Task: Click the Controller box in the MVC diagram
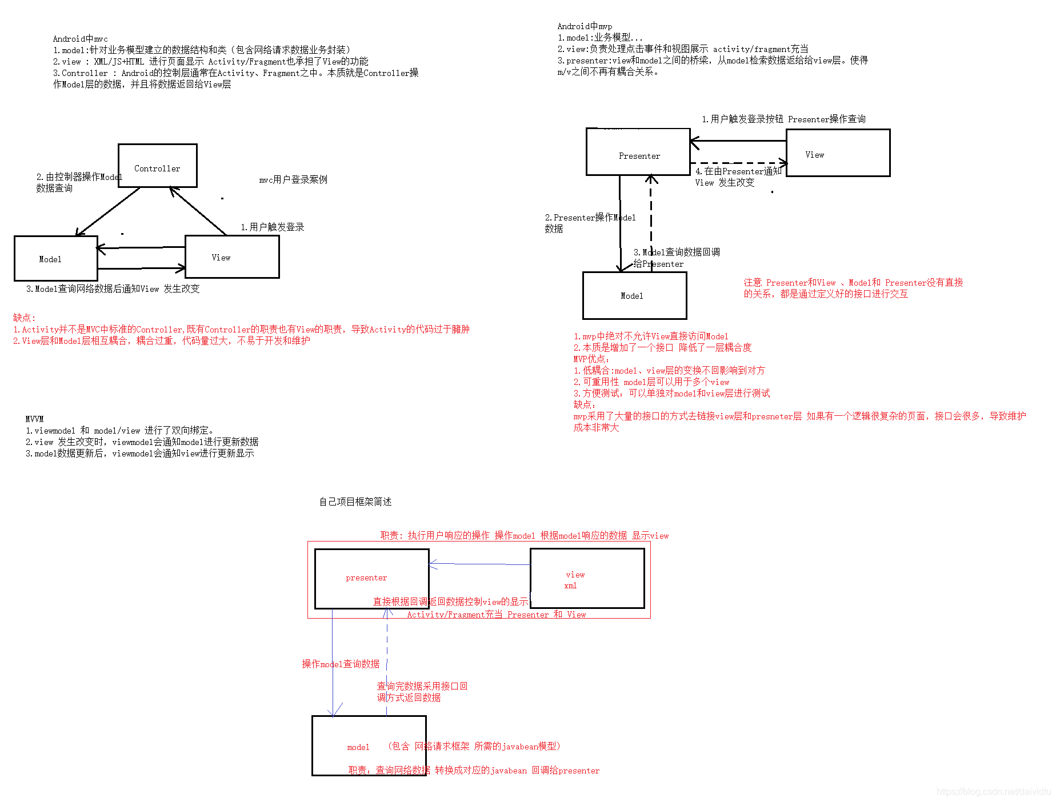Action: tap(157, 166)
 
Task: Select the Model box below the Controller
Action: tap(55, 258)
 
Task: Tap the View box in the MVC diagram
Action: tap(232, 257)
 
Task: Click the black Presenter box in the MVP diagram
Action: tap(638, 152)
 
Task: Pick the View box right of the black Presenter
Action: tap(838, 153)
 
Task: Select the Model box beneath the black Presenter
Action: tap(634, 295)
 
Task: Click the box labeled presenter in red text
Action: tap(371, 578)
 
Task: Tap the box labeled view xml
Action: tap(587, 578)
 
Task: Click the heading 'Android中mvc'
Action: tap(80, 39)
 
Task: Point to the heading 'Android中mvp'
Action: tap(585, 26)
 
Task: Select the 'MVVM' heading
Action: tap(34, 419)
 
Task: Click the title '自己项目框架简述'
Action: tap(355, 502)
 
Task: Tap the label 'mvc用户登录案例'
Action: tap(293, 180)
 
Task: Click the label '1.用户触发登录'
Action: tap(272, 227)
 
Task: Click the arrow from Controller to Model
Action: tap(109, 211)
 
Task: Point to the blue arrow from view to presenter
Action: tap(480, 564)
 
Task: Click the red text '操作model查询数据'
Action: tap(341, 664)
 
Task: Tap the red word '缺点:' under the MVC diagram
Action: tap(24, 318)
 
